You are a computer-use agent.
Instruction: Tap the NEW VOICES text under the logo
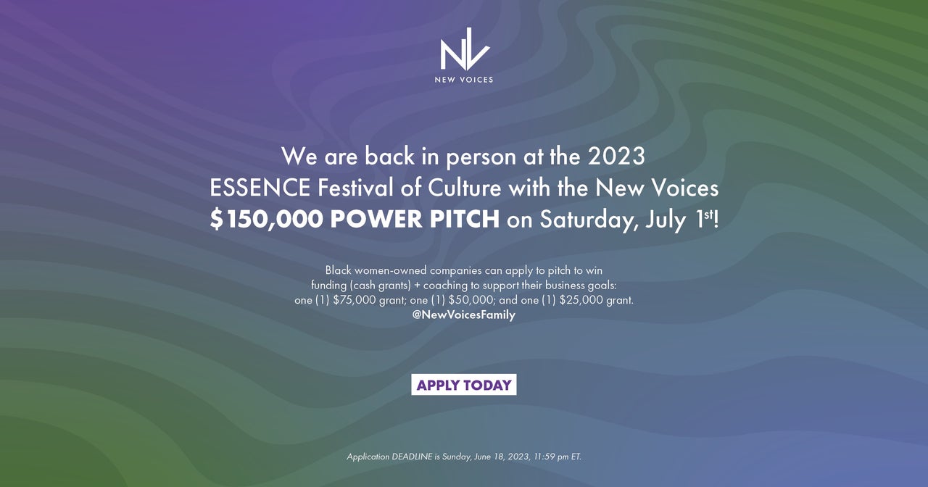(464, 80)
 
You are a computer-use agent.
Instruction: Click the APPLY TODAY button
(464, 385)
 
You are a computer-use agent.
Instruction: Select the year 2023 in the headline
(616, 156)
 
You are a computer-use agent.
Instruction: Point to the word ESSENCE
(260, 188)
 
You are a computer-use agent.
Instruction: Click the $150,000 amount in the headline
(266, 219)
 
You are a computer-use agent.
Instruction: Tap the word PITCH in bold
(465, 219)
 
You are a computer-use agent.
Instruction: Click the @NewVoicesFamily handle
(464, 315)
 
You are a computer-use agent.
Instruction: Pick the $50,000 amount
(471, 300)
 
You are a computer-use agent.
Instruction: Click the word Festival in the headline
(356, 188)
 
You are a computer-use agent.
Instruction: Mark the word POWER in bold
(376, 219)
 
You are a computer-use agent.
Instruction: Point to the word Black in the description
(339, 270)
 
